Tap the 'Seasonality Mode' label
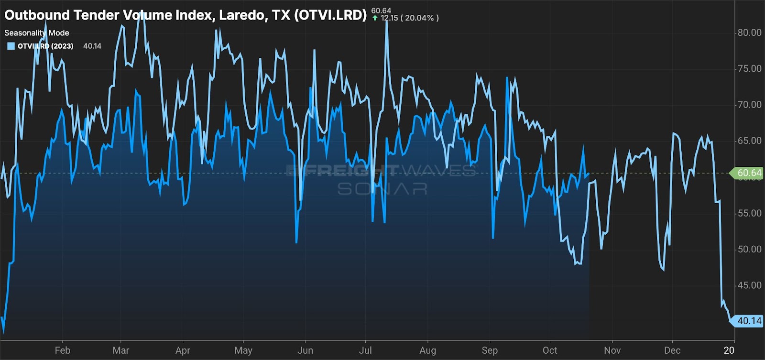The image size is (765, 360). point(37,33)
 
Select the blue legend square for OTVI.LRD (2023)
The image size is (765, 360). point(11,46)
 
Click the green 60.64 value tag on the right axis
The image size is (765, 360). point(748,173)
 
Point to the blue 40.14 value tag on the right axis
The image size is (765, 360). point(748,321)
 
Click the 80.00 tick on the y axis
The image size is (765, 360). point(749,33)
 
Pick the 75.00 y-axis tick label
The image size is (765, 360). point(749,69)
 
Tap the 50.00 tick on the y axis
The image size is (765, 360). point(749,249)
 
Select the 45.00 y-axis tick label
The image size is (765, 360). point(749,285)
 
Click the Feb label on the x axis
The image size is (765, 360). point(63,350)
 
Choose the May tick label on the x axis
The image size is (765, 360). point(243,350)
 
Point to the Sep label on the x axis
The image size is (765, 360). point(490,350)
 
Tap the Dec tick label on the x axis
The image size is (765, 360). point(672,350)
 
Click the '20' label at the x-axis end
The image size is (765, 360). point(729,350)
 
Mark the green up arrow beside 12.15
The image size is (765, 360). point(375,18)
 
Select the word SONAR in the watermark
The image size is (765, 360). point(382,189)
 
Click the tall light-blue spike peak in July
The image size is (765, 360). point(386,22)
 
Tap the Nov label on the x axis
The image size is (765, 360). point(612,350)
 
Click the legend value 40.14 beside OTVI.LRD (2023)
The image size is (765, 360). point(92,46)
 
